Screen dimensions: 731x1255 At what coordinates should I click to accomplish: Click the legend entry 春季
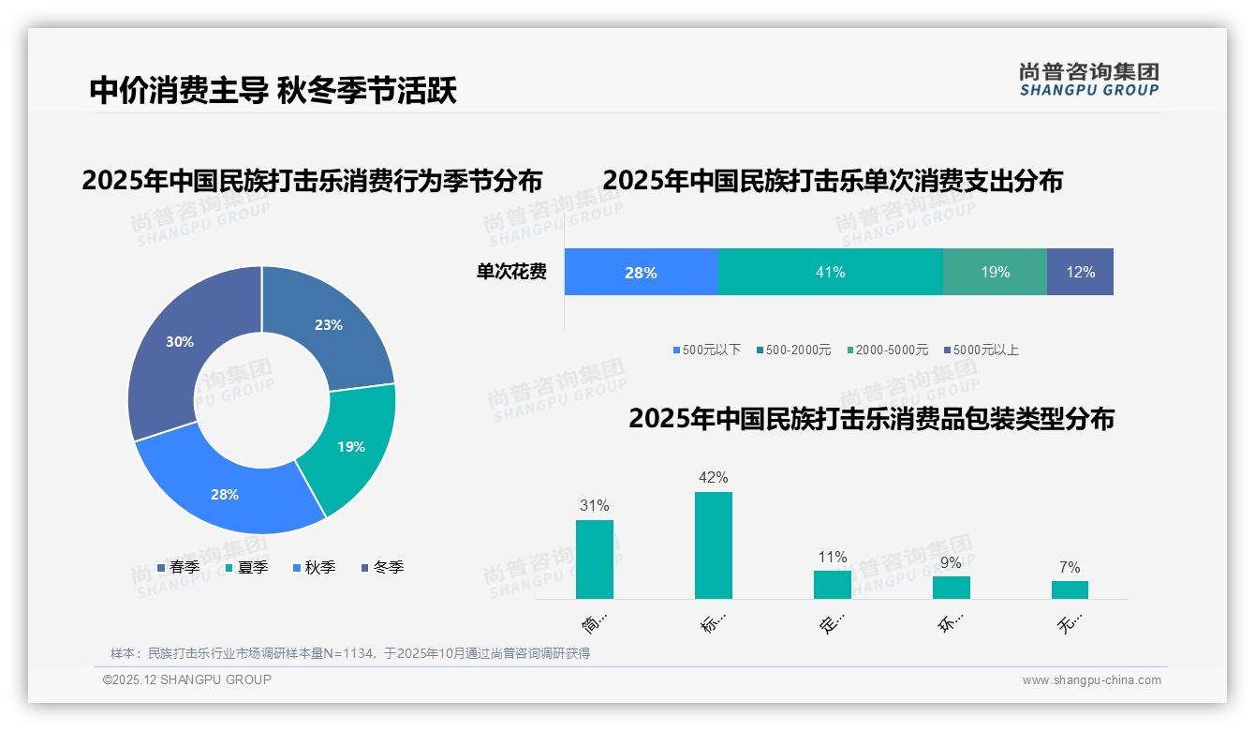tap(178, 567)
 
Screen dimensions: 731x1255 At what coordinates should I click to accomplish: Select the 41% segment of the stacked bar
tap(830, 272)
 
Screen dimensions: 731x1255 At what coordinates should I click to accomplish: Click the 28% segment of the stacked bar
tap(641, 272)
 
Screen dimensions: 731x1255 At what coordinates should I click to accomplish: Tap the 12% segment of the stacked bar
tap(1080, 272)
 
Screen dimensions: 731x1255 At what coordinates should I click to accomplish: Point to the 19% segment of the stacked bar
tap(995, 272)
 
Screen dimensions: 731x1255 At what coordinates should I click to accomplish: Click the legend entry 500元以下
tap(706, 350)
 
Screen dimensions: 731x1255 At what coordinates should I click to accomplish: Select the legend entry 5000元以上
tap(981, 350)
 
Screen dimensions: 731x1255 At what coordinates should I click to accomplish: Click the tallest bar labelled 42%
tap(713, 545)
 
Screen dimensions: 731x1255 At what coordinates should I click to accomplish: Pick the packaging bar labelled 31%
tap(594, 559)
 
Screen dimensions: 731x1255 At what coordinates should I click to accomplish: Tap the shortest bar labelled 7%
tap(1070, 589)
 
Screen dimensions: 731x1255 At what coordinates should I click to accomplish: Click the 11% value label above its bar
tap(832, 558)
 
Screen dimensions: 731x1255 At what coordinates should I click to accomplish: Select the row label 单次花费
tap(511, 272)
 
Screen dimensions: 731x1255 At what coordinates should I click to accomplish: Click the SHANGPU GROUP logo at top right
tap(1088, 80)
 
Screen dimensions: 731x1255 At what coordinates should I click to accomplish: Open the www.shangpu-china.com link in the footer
tap(1091, 680)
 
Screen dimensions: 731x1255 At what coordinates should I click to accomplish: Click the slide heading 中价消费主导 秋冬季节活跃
tap(273, 91)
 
